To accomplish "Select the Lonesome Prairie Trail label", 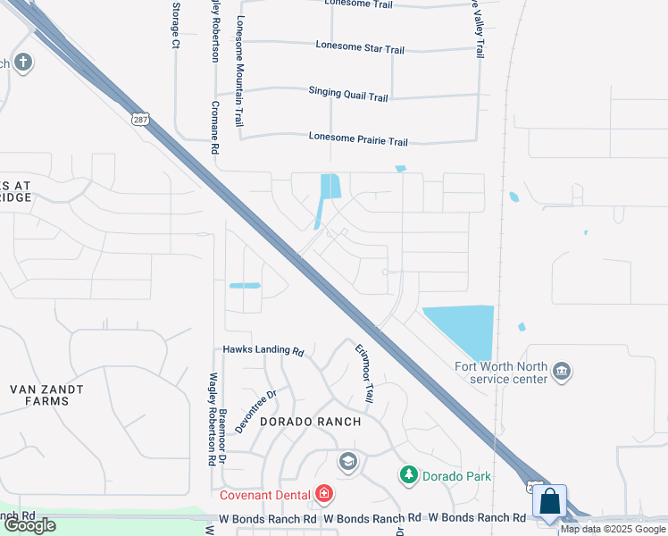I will tap(358, 141).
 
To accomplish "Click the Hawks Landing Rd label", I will tap(263, 351).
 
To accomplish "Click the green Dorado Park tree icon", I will tap(408, 475).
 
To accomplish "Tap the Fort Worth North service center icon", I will tap(562, 371).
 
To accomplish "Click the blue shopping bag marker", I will tap(550, 501).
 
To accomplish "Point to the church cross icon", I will tap(23, 63).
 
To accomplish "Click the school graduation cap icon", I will tap(347, 462).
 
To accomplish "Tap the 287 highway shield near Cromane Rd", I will tap(139, 118).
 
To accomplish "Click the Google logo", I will tap(29, 525).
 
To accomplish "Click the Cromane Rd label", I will tap(214, 127).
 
